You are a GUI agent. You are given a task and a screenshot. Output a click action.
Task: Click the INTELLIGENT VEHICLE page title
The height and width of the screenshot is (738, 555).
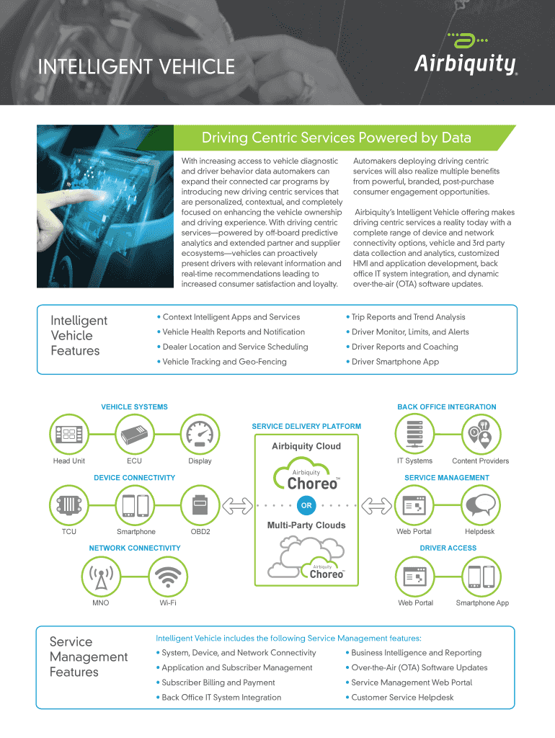136,67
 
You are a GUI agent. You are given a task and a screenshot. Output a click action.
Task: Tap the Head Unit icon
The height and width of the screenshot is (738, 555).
69,434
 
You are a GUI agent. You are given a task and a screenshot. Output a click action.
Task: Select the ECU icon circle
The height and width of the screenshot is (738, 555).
134,434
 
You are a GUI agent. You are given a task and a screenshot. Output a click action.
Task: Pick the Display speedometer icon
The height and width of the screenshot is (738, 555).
200,434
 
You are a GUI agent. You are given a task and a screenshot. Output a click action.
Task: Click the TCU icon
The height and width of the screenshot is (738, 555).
69,505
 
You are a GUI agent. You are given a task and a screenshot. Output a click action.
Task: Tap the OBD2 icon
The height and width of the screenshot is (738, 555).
200,505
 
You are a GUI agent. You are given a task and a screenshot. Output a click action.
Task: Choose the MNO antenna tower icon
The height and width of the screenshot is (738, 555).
101,576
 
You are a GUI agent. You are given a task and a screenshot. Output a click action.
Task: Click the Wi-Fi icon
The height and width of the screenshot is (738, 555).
168,576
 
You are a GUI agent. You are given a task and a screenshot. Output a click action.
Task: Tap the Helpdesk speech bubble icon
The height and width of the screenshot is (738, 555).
480,505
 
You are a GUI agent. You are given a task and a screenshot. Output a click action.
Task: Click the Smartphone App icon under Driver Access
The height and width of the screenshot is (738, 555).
481,576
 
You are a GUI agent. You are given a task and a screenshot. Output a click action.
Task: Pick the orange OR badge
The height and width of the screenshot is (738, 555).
306,505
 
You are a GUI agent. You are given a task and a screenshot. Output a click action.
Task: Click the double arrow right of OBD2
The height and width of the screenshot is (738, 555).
236,505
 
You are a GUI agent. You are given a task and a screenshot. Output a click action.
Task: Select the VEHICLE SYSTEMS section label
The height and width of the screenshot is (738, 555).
134,407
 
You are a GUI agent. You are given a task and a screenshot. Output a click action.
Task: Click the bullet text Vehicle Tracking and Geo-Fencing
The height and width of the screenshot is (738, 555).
224,362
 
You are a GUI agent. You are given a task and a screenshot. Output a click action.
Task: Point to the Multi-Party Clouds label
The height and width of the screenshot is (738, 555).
306,525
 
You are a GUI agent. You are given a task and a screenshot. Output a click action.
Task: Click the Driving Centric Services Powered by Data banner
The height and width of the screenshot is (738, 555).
336,138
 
